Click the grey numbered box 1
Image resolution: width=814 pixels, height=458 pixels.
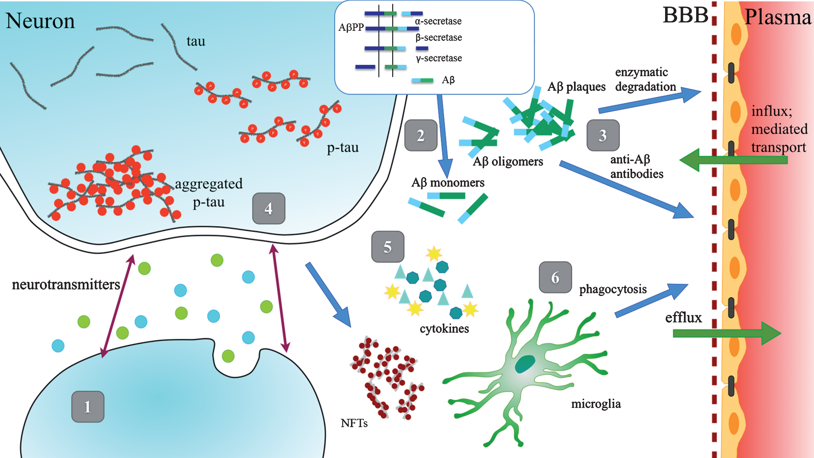[88, 406]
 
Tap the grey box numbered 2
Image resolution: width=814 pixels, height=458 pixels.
[421, 135]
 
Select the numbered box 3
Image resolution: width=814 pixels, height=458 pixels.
[603, 135]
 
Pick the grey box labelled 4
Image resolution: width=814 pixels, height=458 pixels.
[269, 208]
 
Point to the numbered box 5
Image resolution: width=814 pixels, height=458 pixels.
[388, 247]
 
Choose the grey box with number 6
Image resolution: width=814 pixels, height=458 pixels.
[555, 277]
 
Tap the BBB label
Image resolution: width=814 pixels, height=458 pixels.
[685, 15]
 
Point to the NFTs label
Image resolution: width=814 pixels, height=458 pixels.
[354, 423]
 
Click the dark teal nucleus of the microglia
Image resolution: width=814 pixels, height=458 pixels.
[525, 364]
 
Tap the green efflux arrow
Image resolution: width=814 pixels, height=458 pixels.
[727, 333]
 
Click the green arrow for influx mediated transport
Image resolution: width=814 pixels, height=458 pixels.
[733, 160]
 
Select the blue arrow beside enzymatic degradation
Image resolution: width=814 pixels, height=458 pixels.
[649, 100]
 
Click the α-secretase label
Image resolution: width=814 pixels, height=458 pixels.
[438, 21]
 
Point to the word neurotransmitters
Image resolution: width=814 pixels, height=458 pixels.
[66, 285]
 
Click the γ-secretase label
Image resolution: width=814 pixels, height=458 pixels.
[439, 58]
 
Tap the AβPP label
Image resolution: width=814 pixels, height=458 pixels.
[351, 28]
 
